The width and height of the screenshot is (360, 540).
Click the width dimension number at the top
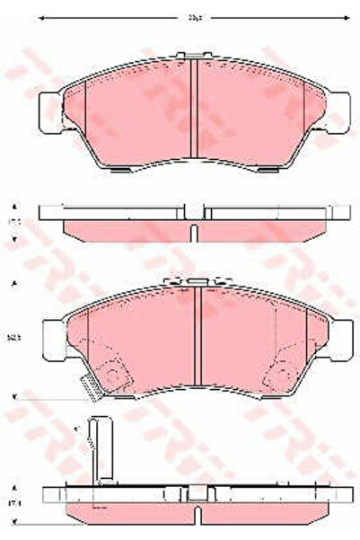[192, 15]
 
